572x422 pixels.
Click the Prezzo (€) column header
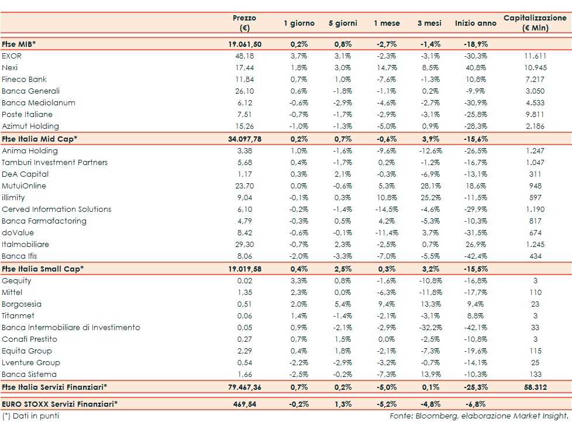point(244,23)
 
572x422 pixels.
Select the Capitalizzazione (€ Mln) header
point(535,23)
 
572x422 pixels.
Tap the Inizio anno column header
point(475,23)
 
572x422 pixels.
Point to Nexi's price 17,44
point(244,67)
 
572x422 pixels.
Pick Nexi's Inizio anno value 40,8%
point(477,67)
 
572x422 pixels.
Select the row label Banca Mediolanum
point(31,102)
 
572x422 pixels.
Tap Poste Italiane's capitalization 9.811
point(535,114)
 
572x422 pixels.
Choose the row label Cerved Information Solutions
point(56,209)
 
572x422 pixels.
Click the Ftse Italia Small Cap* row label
point(43,269)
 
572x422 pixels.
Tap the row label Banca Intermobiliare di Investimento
point(71,327)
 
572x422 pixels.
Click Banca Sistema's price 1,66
point(244,374)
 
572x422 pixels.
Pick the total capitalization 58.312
point(535,387)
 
